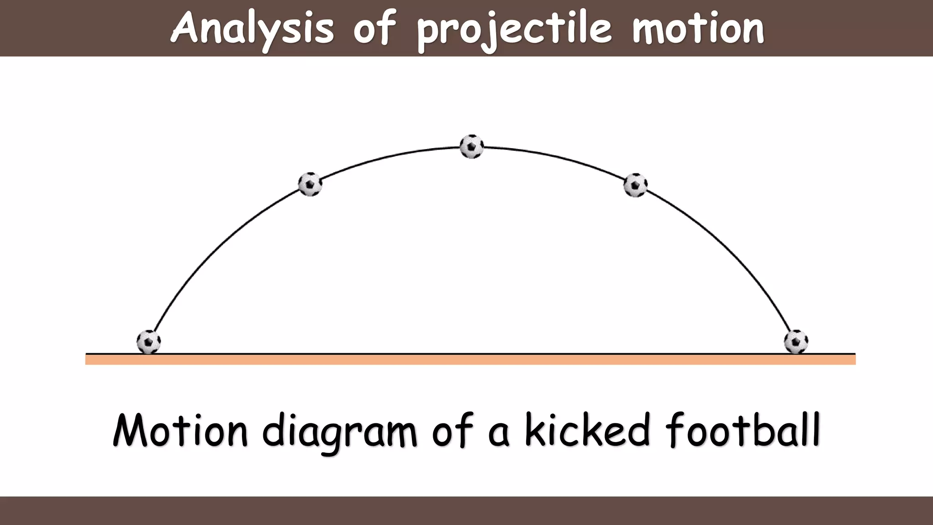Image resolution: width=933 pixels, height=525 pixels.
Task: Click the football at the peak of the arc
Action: pyautogui.click(x=472, y=147)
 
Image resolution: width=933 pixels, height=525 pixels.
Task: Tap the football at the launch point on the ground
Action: pyautogui.click(x=149, y=342)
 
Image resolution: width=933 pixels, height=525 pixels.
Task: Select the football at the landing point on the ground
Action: pyautogui.click(x=796, y=342)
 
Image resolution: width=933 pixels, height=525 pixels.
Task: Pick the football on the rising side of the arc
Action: pyautogui.click(x=310, y=184)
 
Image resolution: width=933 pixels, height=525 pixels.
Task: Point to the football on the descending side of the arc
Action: pyautogui.click(x=635, y=185)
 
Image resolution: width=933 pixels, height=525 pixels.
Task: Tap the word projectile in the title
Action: pyautogui.click(x=514, y=29)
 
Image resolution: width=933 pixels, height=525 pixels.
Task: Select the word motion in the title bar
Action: pyautogui.click(x=698, y=28)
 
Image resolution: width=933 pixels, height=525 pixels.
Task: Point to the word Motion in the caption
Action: pyautogui.click(x=180, y=431)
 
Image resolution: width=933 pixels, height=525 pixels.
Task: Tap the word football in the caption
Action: pyautogui.click(x=743, y=430)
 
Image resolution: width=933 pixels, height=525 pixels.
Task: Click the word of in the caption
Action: pyautogui.click(x=451, y=431)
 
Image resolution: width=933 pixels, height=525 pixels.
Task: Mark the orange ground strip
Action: pyautogui.click(x=470, y=360)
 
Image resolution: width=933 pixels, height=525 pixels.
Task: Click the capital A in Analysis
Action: pyautogui.click(x=185, y=27)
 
